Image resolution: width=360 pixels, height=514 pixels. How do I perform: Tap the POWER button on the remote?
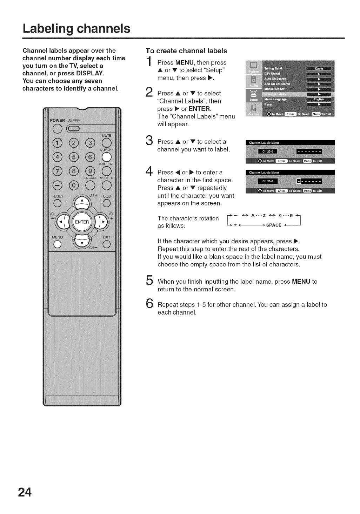pos(57,129)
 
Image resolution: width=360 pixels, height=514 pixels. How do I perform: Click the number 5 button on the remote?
pos(74,157)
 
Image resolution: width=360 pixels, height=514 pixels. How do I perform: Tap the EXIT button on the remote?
pos(107,244)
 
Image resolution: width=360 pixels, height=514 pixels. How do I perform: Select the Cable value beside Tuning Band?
pos(319,68)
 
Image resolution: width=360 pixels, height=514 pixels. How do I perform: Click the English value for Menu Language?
pos(319,99)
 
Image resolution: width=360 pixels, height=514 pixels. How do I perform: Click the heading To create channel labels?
pos(186,51)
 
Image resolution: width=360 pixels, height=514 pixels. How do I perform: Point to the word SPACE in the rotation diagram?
pos(274,225)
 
